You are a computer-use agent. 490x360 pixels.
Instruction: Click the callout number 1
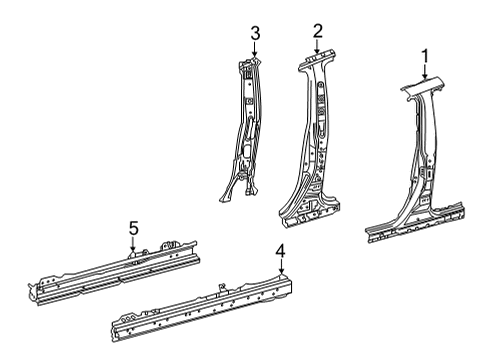(425, 57)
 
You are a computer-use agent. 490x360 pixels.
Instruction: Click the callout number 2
(318, 31)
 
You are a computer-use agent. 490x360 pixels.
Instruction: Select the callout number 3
(255, 34)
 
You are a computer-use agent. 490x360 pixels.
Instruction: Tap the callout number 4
(281, 251)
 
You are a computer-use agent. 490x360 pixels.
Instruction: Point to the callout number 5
(133, 229)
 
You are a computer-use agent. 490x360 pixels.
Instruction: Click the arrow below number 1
(425, 72)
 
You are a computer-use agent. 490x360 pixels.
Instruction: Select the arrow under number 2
(317, 46)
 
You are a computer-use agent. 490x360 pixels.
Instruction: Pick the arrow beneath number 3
(255, 49)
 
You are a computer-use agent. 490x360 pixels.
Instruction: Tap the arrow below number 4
(281, 267)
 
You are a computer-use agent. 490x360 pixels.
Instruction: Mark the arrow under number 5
(133, 244)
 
